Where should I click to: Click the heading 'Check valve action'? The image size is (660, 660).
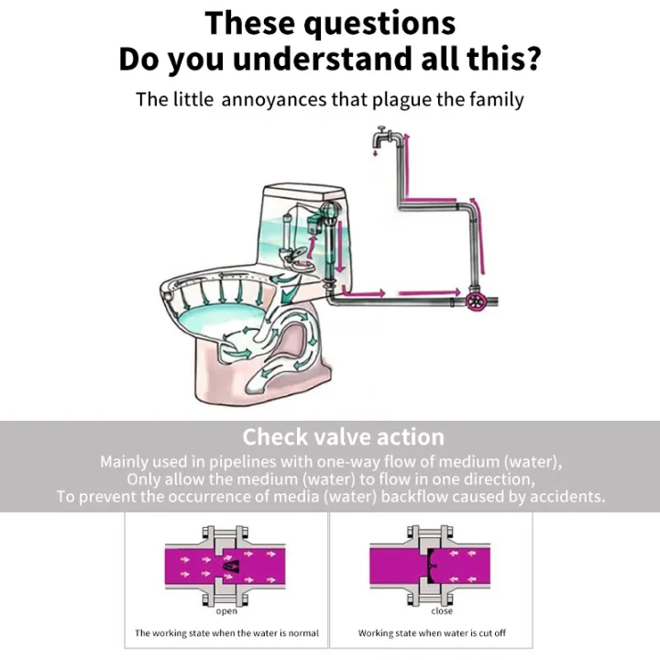pos(343,436)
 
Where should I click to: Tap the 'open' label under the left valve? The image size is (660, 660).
pos(226,611)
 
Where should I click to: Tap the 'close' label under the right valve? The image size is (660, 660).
pos(442,611)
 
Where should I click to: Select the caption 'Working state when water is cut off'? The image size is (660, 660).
pos(432,633)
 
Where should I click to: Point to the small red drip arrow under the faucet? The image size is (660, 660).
pos(374,155)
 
